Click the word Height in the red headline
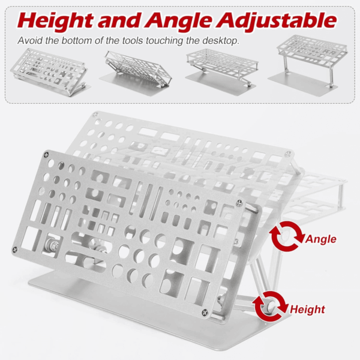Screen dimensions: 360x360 point(55,21)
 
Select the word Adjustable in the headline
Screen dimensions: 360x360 point(277,20)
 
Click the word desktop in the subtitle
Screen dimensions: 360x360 point(221,41)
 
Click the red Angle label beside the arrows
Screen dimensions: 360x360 point(321,239)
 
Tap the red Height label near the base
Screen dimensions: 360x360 point(307,309)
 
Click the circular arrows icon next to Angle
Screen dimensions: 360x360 point(287,236)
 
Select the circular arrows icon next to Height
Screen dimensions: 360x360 point(270,306)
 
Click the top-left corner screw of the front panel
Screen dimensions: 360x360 point(47,155)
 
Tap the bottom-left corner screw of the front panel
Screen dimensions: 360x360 point(15,250)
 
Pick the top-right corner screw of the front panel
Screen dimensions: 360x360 point(239,203)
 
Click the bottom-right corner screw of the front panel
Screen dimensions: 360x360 point(205,312)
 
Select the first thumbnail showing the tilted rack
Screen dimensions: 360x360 point(50,72)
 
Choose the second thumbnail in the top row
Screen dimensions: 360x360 point(136,71)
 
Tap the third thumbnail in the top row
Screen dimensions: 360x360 point(222,71)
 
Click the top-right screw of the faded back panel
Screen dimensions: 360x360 point(287,154)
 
